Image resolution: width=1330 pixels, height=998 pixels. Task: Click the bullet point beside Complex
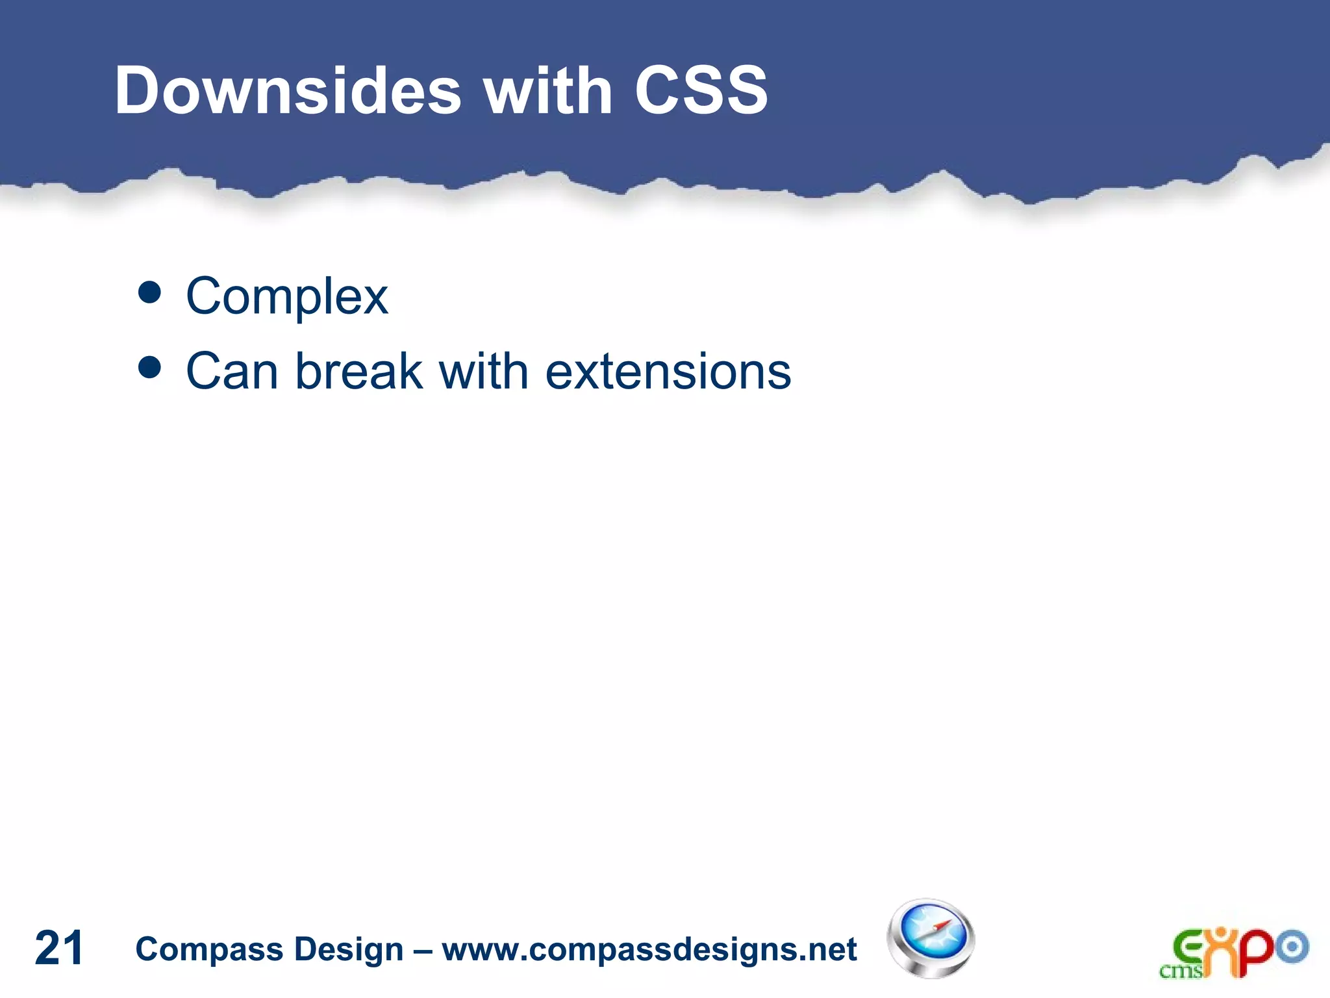pos(150,293)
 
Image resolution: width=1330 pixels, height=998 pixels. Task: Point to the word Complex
pos(287,297)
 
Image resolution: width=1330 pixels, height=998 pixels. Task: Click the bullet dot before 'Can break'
pos(150,368)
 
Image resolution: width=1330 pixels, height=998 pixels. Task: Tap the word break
pos(358,371)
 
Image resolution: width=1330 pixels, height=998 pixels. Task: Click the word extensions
pos(668,371)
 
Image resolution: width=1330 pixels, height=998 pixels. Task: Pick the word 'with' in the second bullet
pos(483,371)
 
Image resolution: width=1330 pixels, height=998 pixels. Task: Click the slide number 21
pos(58,948)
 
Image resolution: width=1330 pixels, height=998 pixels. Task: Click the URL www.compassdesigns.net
pos(649,949)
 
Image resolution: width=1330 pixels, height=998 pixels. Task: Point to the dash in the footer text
pos(423,950)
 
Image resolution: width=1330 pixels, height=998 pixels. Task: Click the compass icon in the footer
pos(931,938)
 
